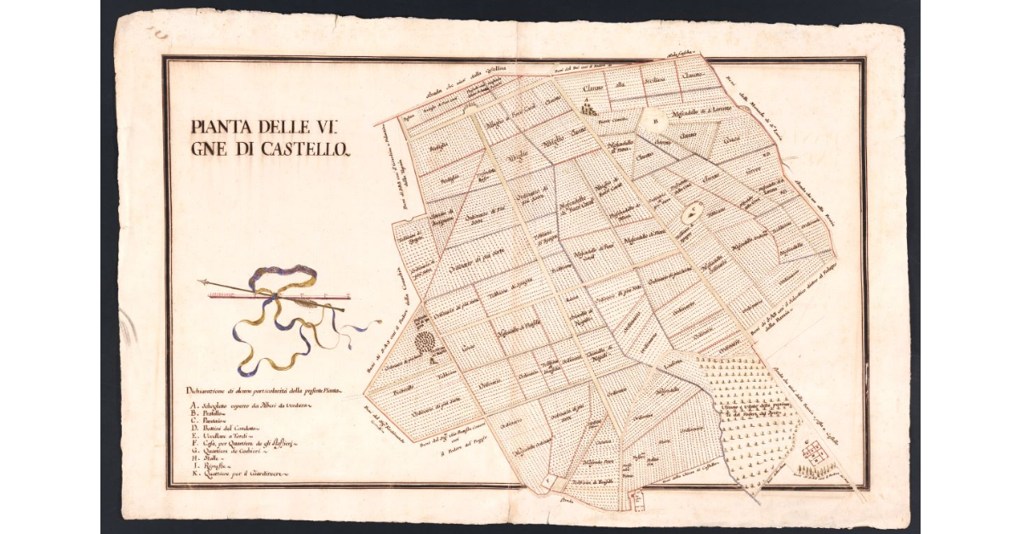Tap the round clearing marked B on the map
coord(656,121)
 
